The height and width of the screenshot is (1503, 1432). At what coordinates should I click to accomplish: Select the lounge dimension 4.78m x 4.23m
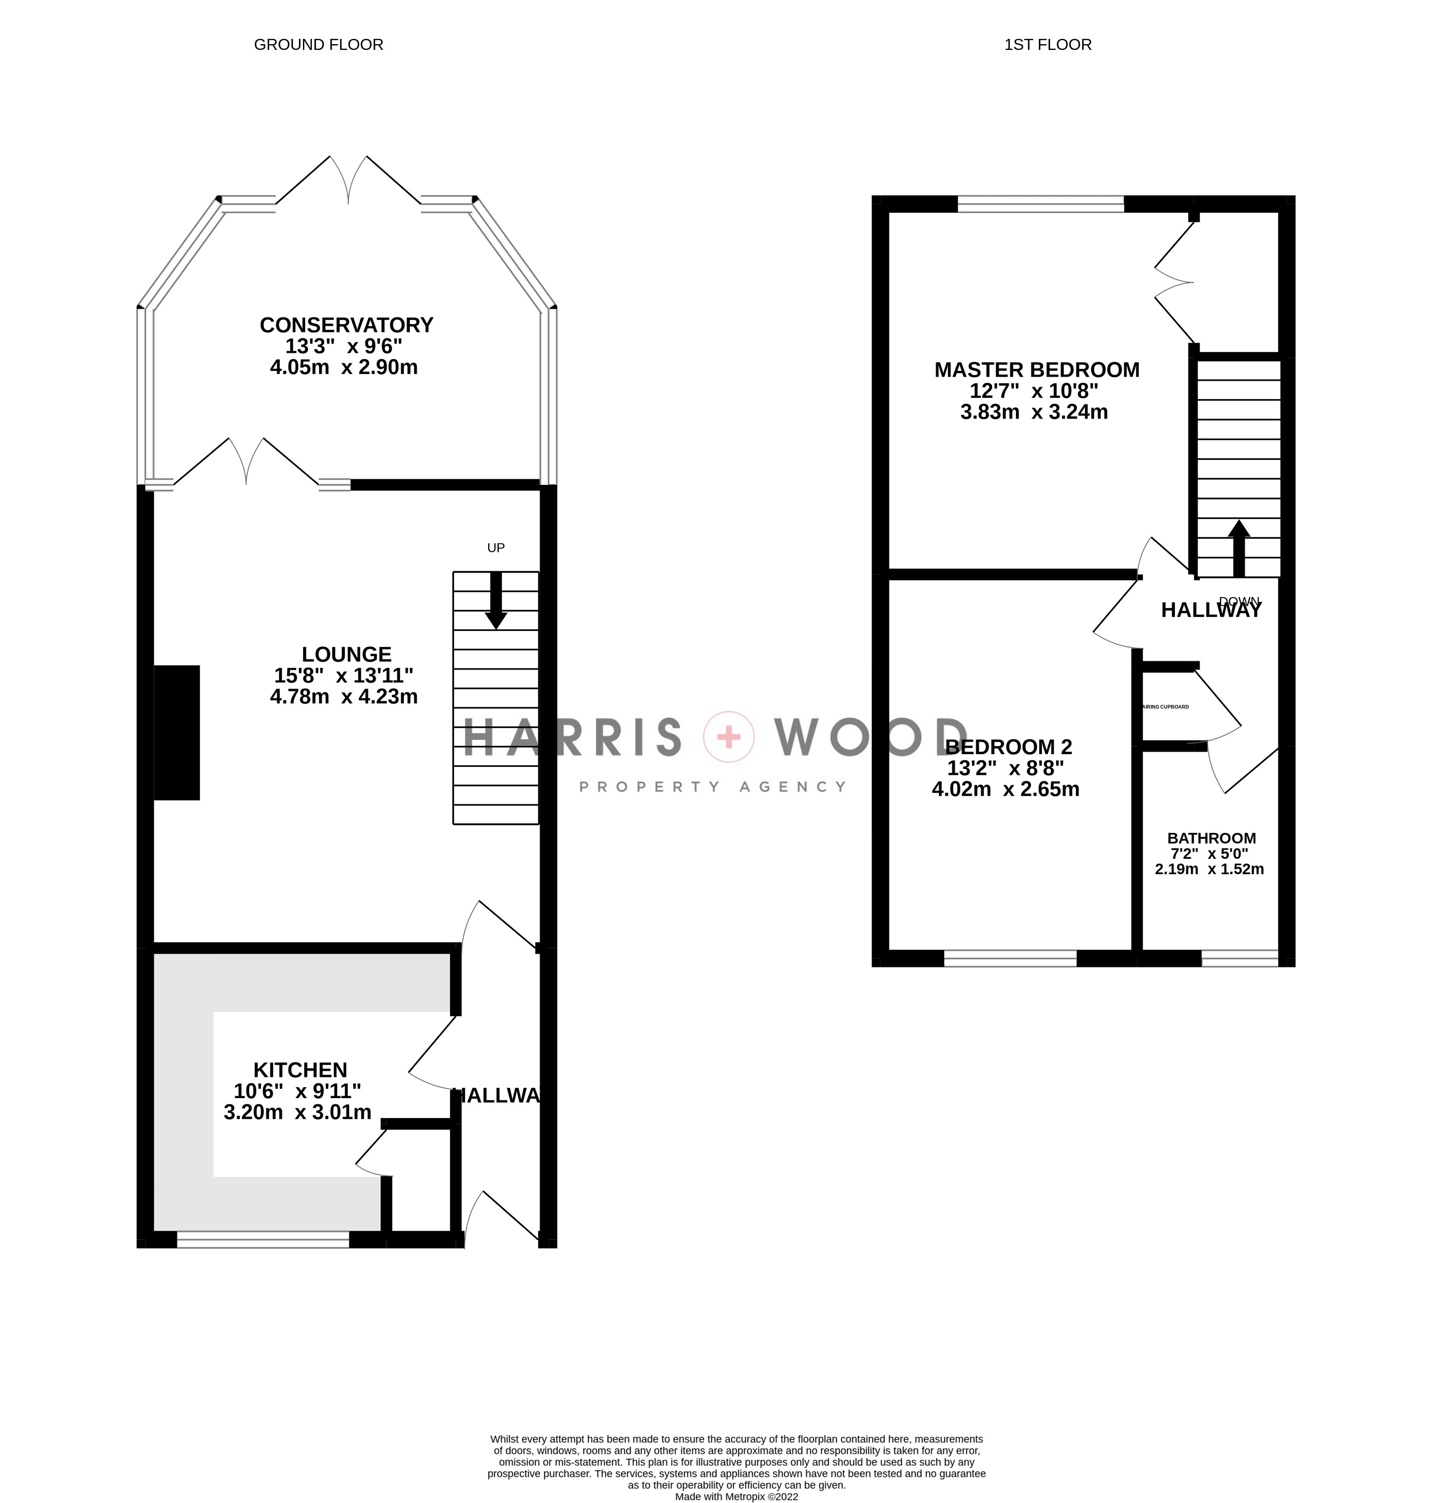(344, 697)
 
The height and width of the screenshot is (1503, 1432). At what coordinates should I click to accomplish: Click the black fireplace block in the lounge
(177, 733)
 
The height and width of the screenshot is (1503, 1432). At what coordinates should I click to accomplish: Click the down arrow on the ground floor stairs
(496, 603)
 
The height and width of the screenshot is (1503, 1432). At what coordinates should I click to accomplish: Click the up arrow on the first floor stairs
(1238, 549)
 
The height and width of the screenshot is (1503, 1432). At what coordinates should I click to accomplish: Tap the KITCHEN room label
(300, 1070)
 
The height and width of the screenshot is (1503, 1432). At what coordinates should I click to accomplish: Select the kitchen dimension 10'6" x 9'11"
(297, 1091)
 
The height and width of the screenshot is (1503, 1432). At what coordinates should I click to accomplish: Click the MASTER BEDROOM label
(1037, 370)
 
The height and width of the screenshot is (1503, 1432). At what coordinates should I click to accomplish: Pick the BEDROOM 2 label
(1008, 747)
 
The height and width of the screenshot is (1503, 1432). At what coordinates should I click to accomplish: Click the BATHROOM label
(1212, 838)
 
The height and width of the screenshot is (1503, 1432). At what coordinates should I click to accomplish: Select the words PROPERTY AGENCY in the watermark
(712, 786)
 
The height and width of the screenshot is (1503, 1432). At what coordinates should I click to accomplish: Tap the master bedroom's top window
(1040, 204)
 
